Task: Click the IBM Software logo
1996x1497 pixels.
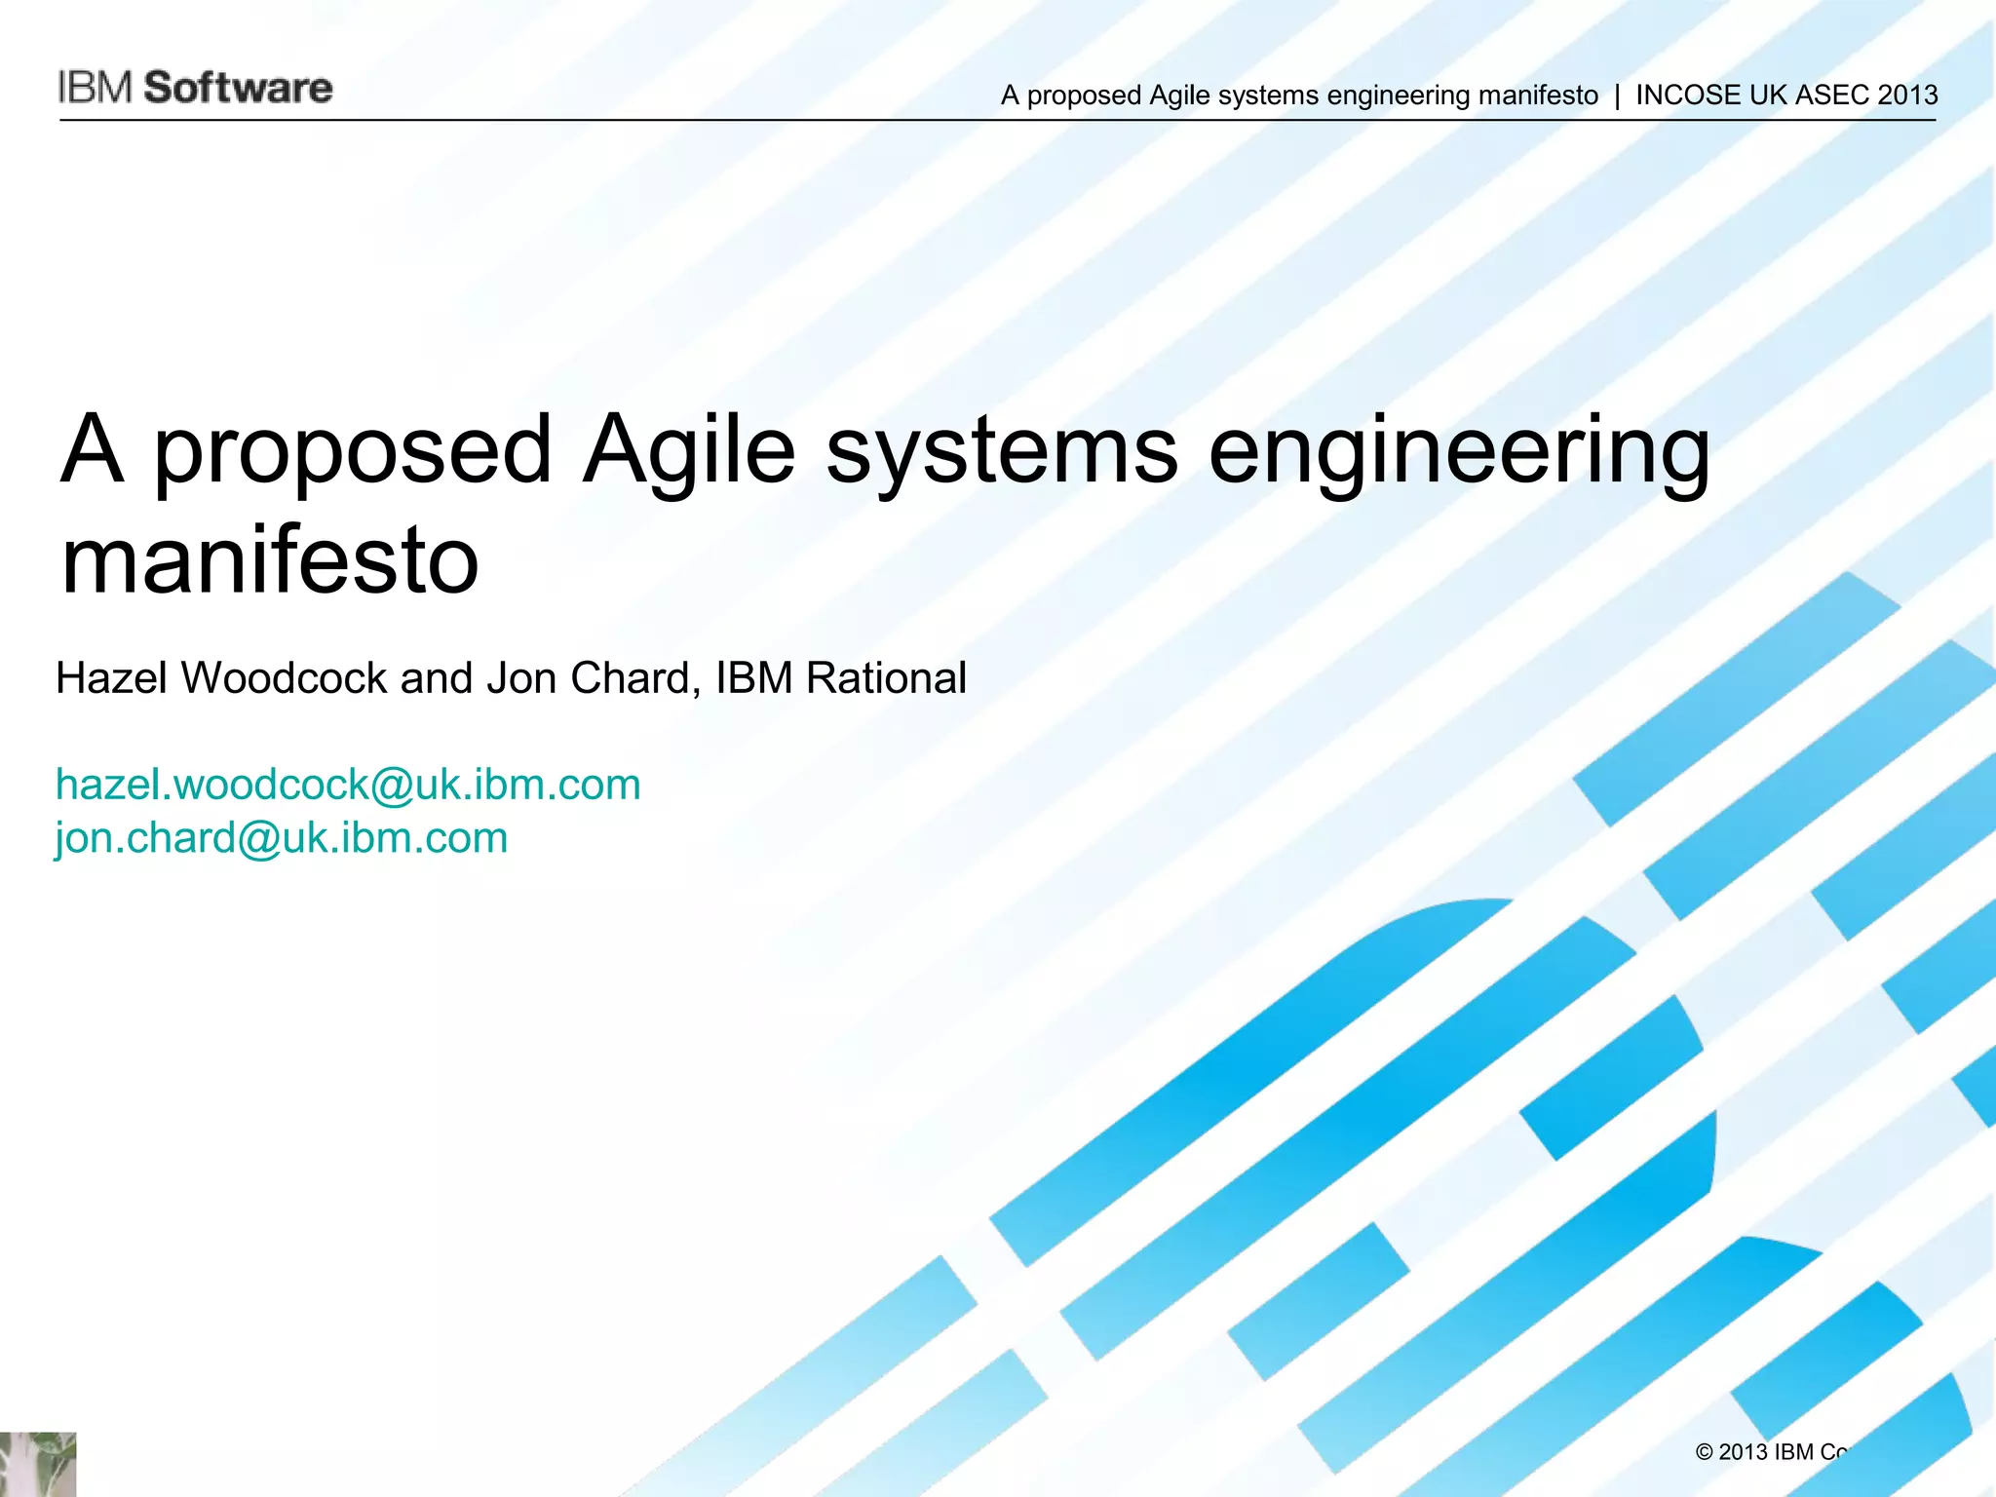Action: [x=195, y=88]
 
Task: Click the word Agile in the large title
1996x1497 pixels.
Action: [x=689, y=450]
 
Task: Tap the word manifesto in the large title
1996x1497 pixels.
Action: [x=270, y=561]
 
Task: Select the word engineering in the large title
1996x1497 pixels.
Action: [x=1459, y=450]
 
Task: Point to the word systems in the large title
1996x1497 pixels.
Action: [x=1002, y=450]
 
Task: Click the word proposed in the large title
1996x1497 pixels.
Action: [x=354, y=450]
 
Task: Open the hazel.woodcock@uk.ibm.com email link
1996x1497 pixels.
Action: [x=348, y=785]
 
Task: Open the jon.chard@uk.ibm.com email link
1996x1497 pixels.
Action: [x=282, y=838]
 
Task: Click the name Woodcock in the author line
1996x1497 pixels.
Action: [x=284, y=678]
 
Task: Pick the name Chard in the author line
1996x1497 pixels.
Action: [x=635, y=678]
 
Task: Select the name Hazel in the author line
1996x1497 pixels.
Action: [x=113, y=678]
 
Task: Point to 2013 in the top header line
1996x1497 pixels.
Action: [x=1907, y=96]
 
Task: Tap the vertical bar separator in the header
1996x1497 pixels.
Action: [x=1617, y=96]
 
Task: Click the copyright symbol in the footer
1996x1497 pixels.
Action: [x=1705, y=1453]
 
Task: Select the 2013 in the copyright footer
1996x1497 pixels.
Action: [x=1745, y=1453]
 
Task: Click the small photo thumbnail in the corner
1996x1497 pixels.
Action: [x=37, y=1464]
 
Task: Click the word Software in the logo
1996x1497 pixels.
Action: [x=239, y=88]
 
